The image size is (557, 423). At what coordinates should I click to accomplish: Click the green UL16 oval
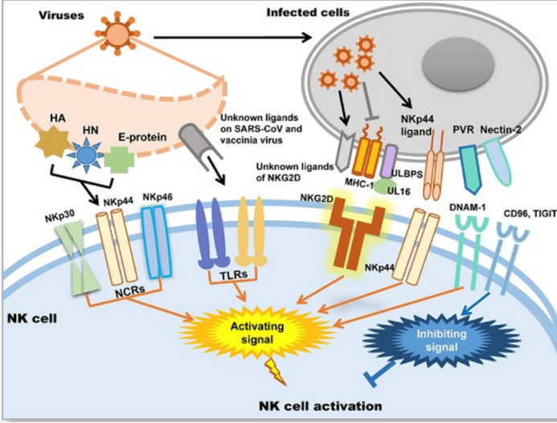pos(384,184)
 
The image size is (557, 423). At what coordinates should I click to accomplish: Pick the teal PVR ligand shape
pos(470,166)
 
